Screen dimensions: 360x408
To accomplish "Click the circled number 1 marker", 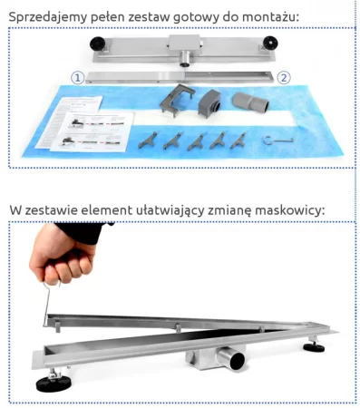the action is (78, 78).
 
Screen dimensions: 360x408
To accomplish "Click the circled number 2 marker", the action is (284, 78).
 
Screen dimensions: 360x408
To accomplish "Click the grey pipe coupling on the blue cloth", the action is (251, 102).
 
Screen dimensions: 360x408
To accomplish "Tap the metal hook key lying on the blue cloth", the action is (277, 140).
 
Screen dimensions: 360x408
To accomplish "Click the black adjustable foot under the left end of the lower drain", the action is (54, 382).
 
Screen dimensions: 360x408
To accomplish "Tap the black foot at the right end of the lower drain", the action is (314, 346).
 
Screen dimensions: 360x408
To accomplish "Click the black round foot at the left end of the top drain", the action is (97, 44).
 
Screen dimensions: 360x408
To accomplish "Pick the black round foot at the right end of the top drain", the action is (270, 43).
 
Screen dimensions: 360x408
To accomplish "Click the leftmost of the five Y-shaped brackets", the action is (148, 141).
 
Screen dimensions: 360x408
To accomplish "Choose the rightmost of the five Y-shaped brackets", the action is (238, 141).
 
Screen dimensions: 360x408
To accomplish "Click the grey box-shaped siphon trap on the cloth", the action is (209, 102).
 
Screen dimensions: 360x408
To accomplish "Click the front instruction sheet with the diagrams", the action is (92, 131).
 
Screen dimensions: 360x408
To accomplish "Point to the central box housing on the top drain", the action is (184, 44).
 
